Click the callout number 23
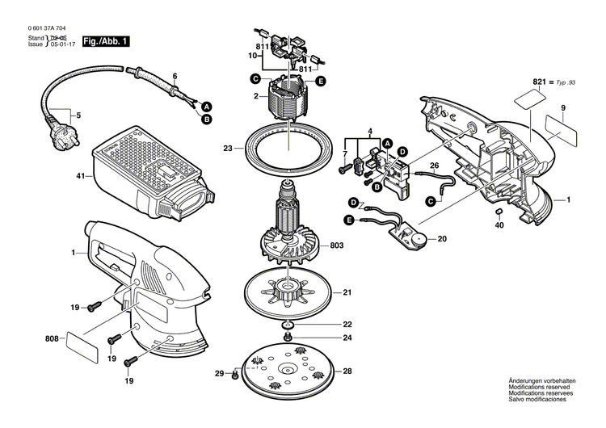pyautogui.click(x=227, y=149)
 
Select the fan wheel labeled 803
pyautogui.click(x=287, y=243)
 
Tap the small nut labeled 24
pyautogui.click(x=288, y=337)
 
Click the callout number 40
pyautogui.click(x=499, y=225)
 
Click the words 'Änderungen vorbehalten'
pyautogui.click(x=541, y=402)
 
